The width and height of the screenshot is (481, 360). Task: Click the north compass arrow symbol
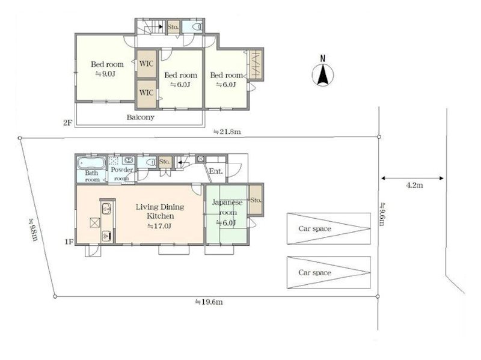click(323, 72)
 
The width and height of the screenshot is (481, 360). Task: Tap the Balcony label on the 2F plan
click(140, 117)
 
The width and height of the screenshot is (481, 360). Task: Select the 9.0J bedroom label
click(107, 69)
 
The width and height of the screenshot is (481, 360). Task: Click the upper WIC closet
click(146, 64)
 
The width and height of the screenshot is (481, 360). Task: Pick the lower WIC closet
click(146, 93)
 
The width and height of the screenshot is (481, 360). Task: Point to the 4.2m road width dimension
click(414, 185)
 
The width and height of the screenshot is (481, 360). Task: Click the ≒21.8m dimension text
click(227, 132)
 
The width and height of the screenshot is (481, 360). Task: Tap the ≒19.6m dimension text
click(209, 302)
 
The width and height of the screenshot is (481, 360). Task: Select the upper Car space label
click(314, 229)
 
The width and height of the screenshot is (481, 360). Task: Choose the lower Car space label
click(314, 273)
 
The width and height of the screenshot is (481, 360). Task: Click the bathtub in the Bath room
click(91, 163)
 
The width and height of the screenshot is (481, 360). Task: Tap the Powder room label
click(121, 174)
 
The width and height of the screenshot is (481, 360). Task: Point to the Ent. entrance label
click(216, 171)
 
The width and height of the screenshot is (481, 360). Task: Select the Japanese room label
click(227, 207)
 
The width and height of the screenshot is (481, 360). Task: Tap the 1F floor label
click(69, 242)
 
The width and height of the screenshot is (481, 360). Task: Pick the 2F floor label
click(67, 123)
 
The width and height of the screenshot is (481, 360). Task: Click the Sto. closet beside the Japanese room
click(256, 200)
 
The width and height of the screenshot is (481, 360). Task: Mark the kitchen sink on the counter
click(106, 209)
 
